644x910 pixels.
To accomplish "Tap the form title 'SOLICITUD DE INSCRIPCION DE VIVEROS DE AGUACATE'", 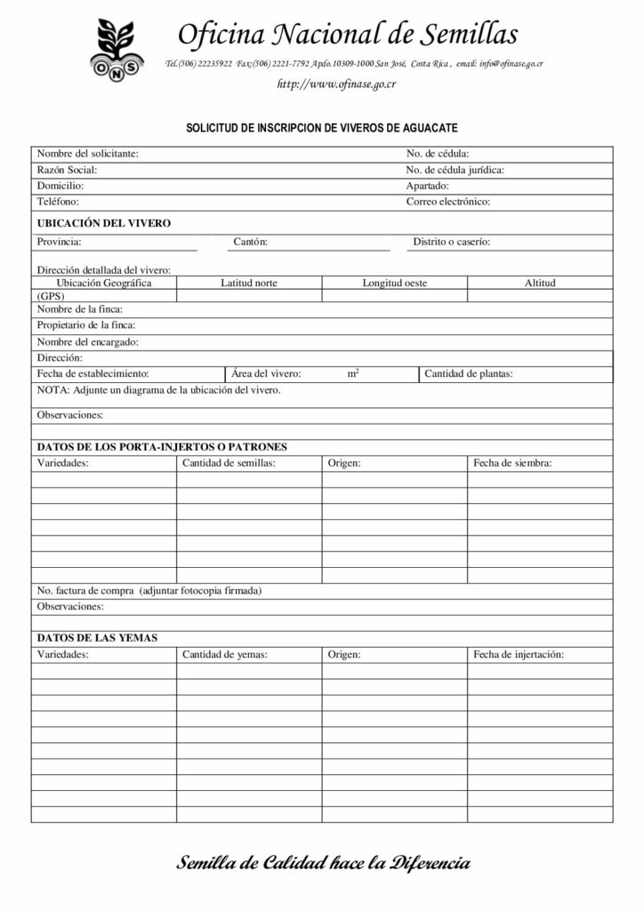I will click(321, 128).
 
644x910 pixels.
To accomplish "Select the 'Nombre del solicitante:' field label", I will click(87, 154).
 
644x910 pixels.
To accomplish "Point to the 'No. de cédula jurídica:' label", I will click(455, 170).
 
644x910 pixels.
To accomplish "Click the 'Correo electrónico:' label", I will click(448, 202).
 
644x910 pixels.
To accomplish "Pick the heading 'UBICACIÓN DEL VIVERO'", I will click(103, 223).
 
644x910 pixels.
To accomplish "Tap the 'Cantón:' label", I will click(250, 242).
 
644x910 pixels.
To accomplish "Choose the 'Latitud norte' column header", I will click(248, 283).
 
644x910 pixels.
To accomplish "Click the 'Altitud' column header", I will click(540, 283).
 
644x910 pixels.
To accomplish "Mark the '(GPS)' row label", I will click(51, 296).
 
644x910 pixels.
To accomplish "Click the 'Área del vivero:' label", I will click(266, 374).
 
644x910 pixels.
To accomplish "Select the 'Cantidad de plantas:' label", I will click(468, 374).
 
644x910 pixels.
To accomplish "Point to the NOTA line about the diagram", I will click(159, 390).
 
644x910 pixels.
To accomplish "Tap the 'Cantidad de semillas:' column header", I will click(229, 463).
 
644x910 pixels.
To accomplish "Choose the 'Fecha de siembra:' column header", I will click(512, 463).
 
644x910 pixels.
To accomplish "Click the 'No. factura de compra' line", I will click(149, 591).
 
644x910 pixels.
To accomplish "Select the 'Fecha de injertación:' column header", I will click(519, 655).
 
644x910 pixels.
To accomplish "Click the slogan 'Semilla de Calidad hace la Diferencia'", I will click(324, 863).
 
